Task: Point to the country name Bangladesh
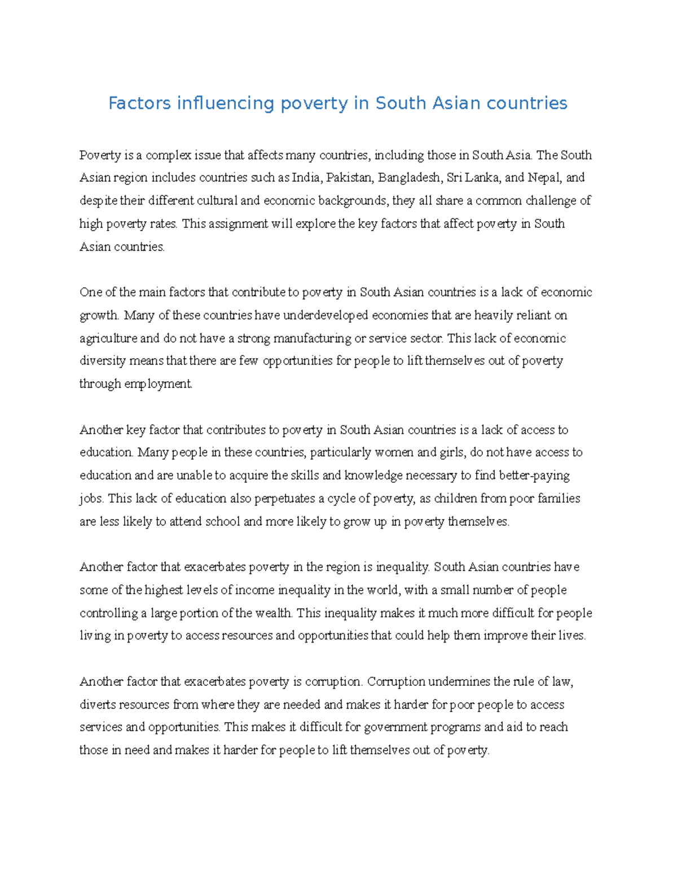click(408, 178)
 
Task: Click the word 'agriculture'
click(108, 338)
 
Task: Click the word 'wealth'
click(274, 613)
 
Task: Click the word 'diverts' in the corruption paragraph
click(96, 705)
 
